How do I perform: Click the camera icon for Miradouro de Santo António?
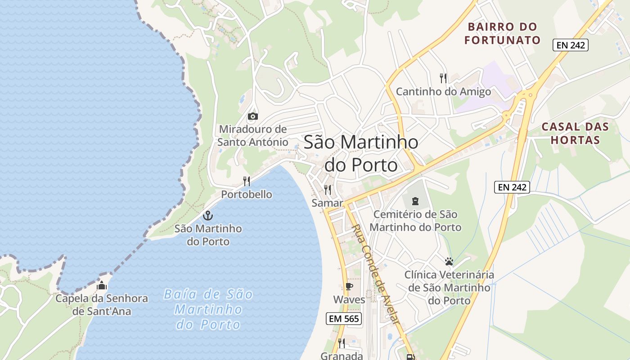click(x=253, y=117)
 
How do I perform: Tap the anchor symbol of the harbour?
click(x=207, y=215)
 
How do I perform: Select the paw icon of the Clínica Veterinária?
click(x=449, y=261)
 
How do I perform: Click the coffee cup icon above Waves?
click(x=349, y=286)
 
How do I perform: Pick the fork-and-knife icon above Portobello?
click(x=247, y=181)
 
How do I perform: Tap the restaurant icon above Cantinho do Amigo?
click(x=443, y=78)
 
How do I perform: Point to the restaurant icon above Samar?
click(x=328, y=189)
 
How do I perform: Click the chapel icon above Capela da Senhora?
click(x=102, y=285)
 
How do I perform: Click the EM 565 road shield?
click(x=344, y=319)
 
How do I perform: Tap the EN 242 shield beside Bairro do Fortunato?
click(x=571, y=45)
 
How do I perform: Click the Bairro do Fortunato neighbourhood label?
click(x=502, y=33)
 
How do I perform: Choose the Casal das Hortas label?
click(x=575, y=133)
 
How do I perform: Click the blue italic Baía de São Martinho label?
click(x=208, y=310)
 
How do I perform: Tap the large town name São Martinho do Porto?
click(x=361, y=153)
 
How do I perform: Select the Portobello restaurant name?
click(x=247, y=194)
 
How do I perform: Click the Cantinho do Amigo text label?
click(x=443, y=92)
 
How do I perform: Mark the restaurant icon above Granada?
click(x=341, y=343)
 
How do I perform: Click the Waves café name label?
click(x=349, y=300)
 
